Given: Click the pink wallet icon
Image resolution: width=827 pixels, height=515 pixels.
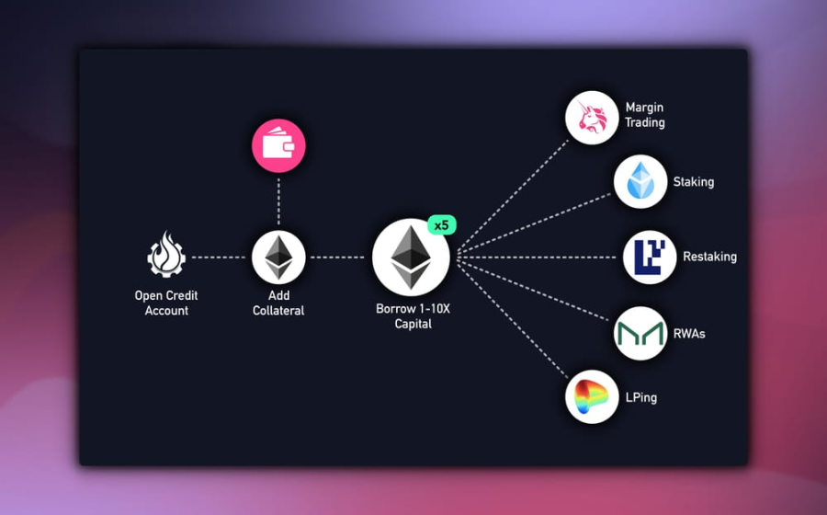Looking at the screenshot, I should coord(278,146).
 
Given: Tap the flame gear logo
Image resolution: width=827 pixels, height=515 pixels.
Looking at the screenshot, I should coord(166,257).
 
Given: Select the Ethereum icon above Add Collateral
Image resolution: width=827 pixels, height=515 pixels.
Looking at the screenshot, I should coord(278,257).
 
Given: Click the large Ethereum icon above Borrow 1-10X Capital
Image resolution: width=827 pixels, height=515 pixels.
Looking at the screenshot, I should coord(411,257).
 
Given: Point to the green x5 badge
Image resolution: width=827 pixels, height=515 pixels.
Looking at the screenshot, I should coord(442,225).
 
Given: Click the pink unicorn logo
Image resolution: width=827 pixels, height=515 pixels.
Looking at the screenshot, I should coord(592,118).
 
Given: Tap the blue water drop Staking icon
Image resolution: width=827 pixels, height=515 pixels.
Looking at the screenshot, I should coord(640,182).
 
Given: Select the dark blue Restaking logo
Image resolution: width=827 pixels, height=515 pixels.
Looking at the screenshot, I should coord(650,257).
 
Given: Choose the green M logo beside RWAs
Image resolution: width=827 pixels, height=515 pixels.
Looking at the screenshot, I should coord(640,333).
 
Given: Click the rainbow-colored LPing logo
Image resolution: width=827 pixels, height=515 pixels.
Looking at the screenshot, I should coord(592,396).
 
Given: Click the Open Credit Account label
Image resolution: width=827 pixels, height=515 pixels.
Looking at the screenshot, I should coord(166,303).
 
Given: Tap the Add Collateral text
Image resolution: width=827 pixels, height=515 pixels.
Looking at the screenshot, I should coord(278,303).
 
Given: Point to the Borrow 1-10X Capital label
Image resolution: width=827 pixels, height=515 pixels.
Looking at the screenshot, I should coord(413,316).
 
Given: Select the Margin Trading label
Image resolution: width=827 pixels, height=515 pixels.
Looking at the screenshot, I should coord(645,115).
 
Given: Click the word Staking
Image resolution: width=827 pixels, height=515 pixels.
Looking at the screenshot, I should coord(693,182).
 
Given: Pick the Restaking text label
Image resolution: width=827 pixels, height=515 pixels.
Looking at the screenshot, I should coord(709,257).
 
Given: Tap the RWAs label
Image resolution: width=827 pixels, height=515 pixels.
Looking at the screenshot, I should coord(689,334).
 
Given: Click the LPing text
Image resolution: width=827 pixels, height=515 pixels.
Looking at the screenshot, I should coord(641,397).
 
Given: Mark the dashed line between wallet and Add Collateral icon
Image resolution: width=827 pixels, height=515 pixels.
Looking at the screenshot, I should coord(278,202).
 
